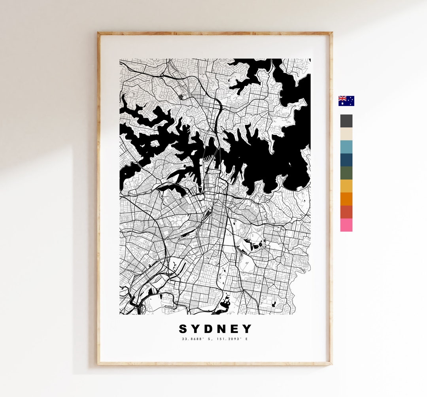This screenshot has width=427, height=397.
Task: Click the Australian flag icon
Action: pyautogui.click(x=346, y=101)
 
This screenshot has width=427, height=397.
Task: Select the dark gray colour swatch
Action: pyautogui.click(x=346, y=121)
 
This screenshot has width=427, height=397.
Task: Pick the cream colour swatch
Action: pyautogui.click(x=346, y=134)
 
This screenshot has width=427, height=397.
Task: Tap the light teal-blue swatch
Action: pyautogui.click(x=346, y=147)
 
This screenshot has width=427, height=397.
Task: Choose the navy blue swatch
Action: pyautogui.click(x=346, y=160)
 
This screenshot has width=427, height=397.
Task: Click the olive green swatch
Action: pyautogui.click(x=346, y=173)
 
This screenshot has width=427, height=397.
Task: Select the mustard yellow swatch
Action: pyautogui.click(x=346, y=186)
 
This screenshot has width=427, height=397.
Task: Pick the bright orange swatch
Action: pyautogui.click(x=346, y=199)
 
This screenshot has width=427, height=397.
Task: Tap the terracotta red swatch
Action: pyautogui.click(x=346, y=212)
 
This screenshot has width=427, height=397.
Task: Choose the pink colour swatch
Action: pyautogui.click(x=346, y=225)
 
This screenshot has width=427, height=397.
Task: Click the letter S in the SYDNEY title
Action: pyautogui.click(x=183, y=329)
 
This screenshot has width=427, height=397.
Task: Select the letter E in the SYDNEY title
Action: pyautogui.click(x=235, y=329)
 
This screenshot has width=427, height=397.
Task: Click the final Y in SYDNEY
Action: pyautogui.click(x=248, y=329)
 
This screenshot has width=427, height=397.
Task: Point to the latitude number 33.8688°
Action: pyautogui.click(x=191, y=339)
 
